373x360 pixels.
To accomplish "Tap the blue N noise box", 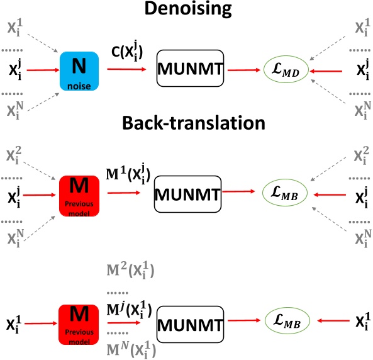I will pyautogui.click(x=76, y=68).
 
